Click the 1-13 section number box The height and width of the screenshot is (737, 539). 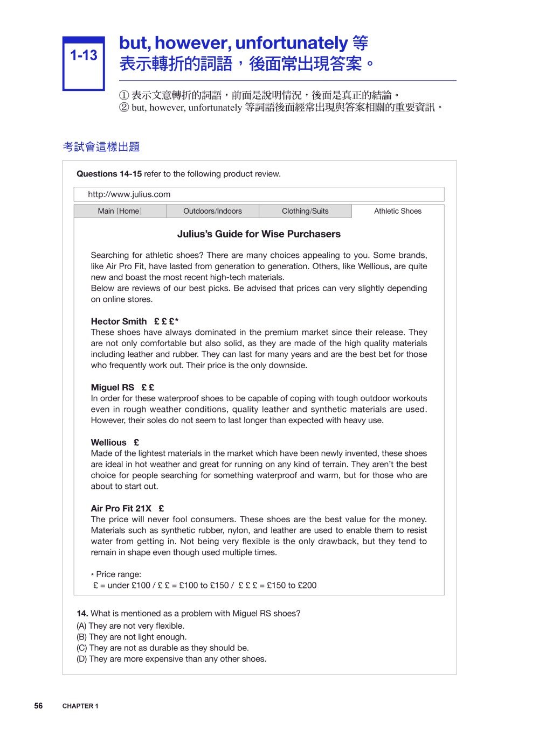(84, 64)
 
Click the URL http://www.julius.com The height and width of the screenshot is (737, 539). (129, 194)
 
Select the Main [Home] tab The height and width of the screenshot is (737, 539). (120, 211)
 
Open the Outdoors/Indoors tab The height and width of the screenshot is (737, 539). (212, 211)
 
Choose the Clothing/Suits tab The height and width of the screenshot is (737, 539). (305, 211)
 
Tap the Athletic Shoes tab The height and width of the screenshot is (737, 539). (398, 211)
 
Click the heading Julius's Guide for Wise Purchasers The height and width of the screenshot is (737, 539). (259, 234)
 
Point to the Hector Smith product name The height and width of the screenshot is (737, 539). (119, 321)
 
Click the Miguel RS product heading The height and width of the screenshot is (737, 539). (113, 387)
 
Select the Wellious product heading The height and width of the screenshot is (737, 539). (108, 443)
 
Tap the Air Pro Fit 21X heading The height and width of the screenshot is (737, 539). (121, 508)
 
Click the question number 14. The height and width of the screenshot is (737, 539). (82, 613)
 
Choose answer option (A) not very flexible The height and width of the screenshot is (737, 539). (130, 626)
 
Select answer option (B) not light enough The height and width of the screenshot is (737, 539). (132, 637)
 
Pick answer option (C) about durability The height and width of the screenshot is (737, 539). (163, 648)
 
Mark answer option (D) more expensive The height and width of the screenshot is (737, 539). (171, 659)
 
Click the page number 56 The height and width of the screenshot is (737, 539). (38, 706)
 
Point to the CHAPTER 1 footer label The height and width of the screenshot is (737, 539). (80, 706)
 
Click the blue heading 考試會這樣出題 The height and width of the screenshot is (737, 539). (101, 146)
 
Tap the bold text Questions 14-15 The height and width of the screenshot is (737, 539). (109, 174)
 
